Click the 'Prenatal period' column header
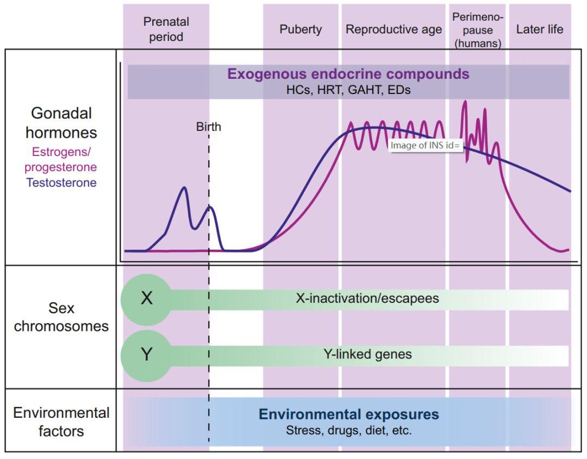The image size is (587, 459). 166,29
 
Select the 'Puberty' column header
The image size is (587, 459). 301,29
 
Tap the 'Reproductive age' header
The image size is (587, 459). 394,29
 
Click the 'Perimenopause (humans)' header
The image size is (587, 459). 478,30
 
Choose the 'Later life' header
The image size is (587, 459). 540,29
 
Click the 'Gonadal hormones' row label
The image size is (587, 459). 61,123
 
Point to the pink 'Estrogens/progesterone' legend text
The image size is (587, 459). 61,160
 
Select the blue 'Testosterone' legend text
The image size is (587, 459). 61,183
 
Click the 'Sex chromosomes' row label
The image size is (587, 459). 61,318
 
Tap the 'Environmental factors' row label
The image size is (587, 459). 61,422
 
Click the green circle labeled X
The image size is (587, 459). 146,299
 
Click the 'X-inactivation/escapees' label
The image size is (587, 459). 367,299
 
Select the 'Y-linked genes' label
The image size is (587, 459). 367,355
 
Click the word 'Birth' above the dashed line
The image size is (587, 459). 209,128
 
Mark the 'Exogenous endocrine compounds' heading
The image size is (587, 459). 348,74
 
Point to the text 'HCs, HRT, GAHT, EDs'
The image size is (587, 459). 348,90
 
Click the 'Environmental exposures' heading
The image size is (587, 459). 348,415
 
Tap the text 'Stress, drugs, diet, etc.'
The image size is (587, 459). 348,431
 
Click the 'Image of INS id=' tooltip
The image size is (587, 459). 426,145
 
